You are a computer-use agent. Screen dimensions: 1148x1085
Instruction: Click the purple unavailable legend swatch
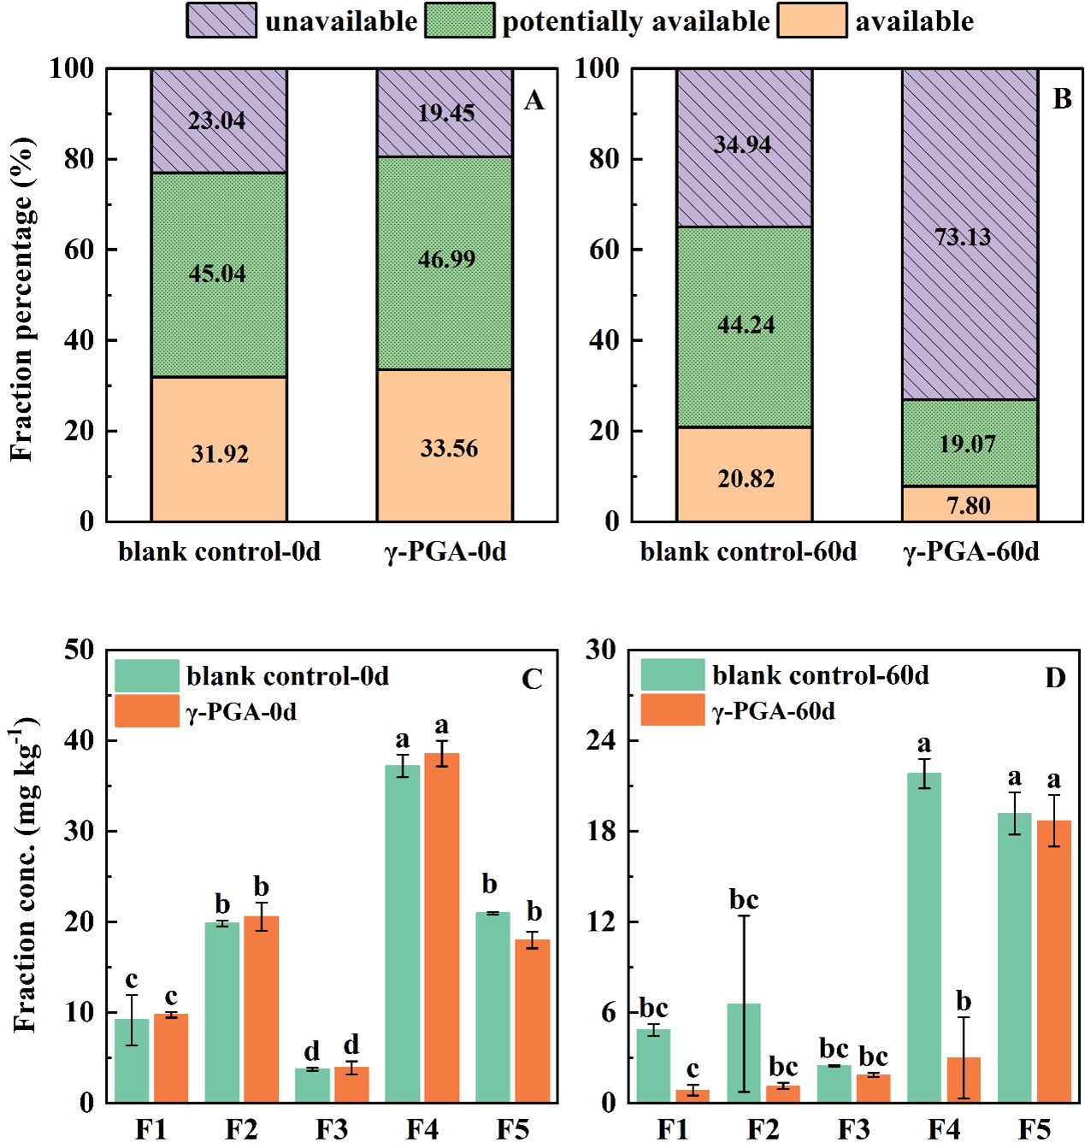pos(221,21)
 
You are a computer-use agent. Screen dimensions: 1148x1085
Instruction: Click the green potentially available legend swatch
pos(459,21)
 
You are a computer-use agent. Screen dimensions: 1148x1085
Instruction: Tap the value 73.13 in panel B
pos(963,237)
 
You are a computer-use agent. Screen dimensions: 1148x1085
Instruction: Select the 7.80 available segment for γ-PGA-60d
pos(970,504)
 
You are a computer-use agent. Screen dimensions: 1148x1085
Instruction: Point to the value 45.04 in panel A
pos(217,274)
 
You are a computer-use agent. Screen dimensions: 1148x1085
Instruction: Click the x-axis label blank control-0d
pos(220,551)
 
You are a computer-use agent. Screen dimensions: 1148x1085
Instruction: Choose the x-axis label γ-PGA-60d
pos(971,551)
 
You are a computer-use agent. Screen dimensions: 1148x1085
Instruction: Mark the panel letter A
pos(534,101)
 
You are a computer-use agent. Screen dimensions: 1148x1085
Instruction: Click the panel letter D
pos(1055,678)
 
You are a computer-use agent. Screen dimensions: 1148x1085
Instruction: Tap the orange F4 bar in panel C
pos(442,927)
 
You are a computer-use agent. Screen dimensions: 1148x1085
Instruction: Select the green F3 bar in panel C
pos(312,1085)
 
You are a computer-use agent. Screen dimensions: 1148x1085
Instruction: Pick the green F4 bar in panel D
pos(924,937)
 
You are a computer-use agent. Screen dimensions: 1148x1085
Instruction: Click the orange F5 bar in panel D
pos(1054,961)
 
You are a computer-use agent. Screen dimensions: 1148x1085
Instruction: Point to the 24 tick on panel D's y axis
pos(600,740)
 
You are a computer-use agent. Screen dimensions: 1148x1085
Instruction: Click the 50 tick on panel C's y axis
pos(79,650)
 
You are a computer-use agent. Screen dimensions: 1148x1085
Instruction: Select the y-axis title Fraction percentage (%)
pos(23,299)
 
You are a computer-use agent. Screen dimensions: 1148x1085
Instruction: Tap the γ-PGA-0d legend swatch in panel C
pos(146,711)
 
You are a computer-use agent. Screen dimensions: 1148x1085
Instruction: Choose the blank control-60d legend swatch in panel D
pos(673,674)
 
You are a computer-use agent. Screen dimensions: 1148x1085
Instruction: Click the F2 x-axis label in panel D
pos(763,1129)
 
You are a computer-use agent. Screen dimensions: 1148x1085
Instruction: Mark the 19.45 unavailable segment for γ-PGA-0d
pos(445,113)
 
